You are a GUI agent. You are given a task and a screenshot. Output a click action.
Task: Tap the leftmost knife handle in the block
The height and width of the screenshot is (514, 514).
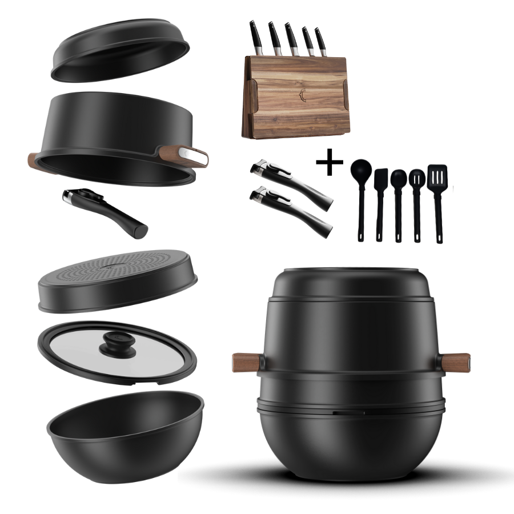click(255, 34)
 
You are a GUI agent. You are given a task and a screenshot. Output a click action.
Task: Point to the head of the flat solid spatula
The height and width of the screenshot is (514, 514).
click(381, 178)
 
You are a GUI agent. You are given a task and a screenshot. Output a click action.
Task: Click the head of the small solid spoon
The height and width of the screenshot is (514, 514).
click(398, 178)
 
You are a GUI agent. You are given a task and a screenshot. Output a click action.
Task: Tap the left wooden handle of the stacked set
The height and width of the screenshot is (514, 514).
click(244, 362)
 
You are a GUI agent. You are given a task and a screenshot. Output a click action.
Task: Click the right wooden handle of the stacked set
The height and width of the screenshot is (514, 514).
click(456, 362)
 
